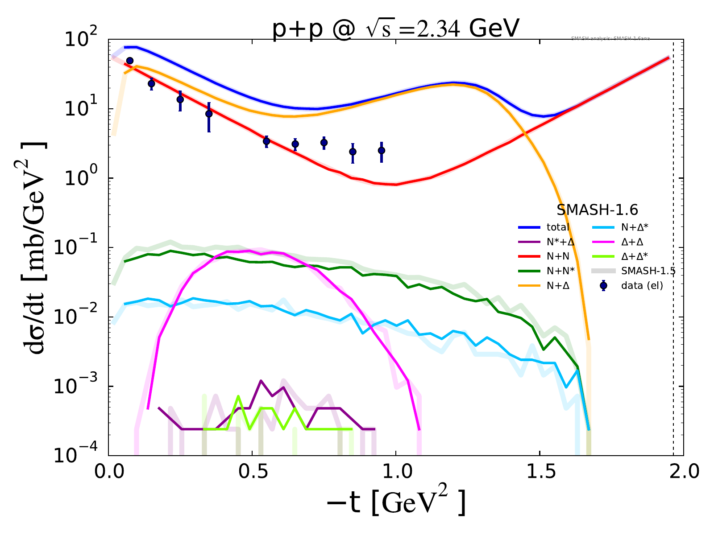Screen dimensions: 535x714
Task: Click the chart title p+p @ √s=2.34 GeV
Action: coord(396,29)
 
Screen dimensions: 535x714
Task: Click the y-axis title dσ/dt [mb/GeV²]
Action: coord(37,248)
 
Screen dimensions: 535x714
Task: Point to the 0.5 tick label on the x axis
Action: coord(252,472)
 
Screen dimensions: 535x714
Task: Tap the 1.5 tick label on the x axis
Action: coord(540,472)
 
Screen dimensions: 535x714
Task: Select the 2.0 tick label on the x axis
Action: coord(683,472)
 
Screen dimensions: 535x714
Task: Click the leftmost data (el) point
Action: coord(130,61)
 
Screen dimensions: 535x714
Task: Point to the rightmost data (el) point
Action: coord(382,151)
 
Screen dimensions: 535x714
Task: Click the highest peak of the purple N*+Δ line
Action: coord(261,381)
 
